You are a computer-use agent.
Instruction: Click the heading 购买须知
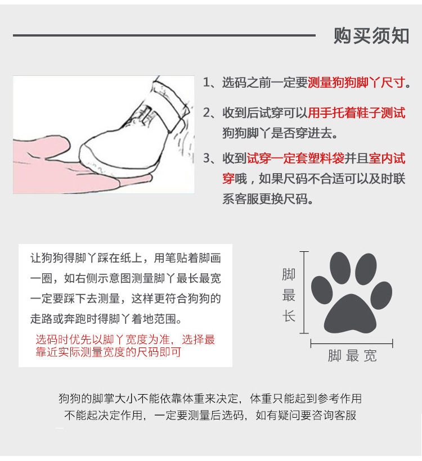371,35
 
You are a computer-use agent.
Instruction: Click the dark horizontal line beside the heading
164,35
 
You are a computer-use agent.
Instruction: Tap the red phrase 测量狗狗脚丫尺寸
357,83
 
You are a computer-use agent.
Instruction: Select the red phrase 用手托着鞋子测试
357,112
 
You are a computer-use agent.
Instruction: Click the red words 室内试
385,158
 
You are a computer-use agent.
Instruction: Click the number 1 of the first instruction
206,83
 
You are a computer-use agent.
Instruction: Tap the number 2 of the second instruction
206,112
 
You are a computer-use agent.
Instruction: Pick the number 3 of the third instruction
206,158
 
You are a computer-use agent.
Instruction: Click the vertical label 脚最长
289,295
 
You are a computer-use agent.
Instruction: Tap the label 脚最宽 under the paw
352,356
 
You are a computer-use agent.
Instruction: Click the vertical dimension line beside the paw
304,292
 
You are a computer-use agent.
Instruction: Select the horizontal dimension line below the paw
352,343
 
